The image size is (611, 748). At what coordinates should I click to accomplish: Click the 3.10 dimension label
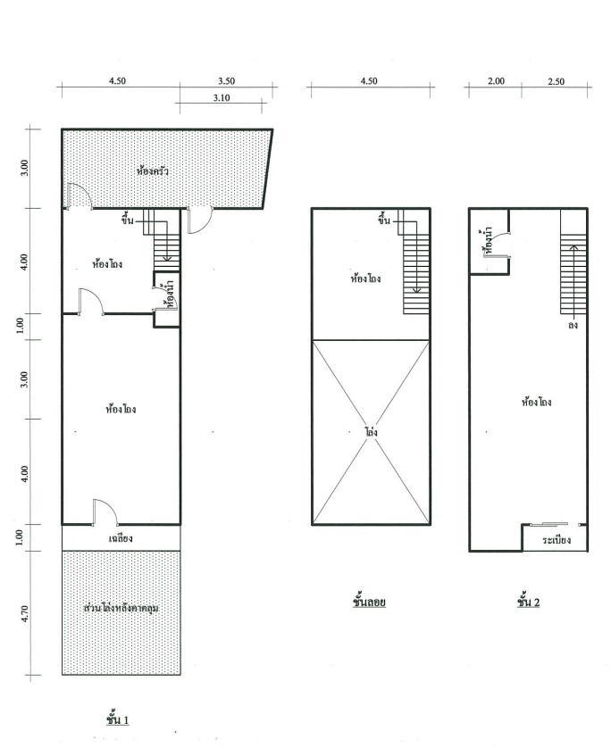221,98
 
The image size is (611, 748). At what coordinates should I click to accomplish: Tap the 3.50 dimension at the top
226,81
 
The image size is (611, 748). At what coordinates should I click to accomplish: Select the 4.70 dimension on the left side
25,613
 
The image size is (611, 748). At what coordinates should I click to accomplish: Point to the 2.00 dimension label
496,81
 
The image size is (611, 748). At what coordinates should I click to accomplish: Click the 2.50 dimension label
557,81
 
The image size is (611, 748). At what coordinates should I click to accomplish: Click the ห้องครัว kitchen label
152,170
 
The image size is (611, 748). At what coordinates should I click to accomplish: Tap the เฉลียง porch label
121,538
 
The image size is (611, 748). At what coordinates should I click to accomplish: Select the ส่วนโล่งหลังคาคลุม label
121,608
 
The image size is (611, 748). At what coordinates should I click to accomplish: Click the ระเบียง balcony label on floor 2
557,540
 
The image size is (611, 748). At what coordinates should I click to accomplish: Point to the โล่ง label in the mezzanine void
372,432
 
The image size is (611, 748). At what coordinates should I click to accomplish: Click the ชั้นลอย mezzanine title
370,602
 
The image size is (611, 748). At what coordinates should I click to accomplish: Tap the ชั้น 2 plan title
529,602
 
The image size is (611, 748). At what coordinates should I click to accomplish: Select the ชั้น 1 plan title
117,719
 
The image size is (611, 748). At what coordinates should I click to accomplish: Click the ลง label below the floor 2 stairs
573,325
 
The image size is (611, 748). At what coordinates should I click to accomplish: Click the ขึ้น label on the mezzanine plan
384,220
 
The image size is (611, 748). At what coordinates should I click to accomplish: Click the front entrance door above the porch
105,512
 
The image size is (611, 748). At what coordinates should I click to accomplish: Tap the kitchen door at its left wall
80,196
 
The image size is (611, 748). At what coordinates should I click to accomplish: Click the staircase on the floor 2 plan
573,274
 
